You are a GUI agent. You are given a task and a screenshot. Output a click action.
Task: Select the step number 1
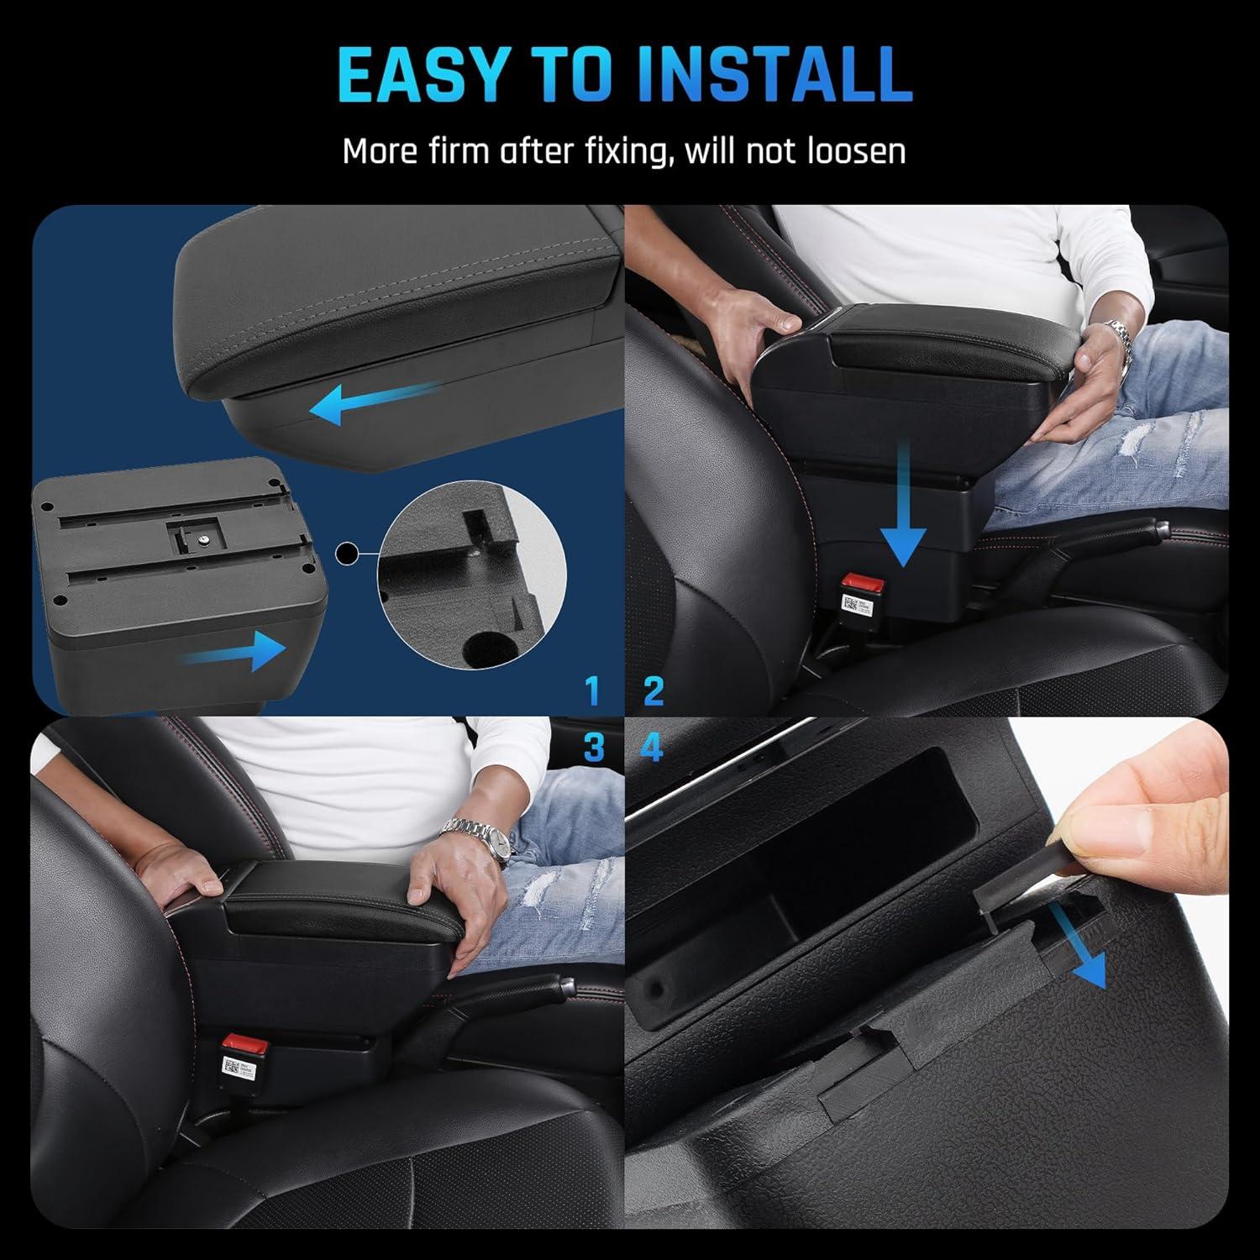tap(593, 690)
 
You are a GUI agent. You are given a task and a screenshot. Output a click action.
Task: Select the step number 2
tap(654, 690)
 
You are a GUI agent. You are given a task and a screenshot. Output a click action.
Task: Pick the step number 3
tap(593, 747)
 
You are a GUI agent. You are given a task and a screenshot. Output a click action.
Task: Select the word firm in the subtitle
tap(455, 151)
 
